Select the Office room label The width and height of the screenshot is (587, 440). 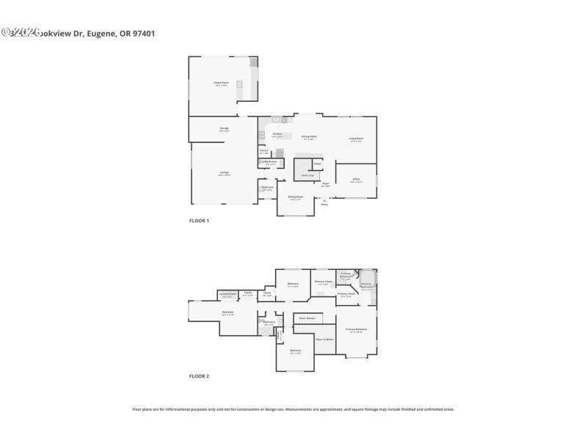pos(356,180)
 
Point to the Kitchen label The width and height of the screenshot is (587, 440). pos(277,135)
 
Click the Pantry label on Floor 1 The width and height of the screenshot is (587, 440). pos(263,152)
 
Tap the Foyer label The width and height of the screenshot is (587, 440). pos(326,185)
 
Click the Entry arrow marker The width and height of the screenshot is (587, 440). pos(324,202)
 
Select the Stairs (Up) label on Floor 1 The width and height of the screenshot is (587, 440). pos(307,175)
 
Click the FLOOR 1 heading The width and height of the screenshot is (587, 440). pos(199,221)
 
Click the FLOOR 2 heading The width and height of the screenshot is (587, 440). pos(199,376)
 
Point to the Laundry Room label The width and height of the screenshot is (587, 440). pos(228,295)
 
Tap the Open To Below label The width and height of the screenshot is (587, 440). pos(325,340)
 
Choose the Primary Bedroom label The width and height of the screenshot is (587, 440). pos(357,330)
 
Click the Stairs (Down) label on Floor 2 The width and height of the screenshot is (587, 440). pos(307,318)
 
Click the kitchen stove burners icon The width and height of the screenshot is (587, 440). pos(261,135)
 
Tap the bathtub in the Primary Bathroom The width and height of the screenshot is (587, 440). pos(367,283)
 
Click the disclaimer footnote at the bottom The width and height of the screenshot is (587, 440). pos(293,409)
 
